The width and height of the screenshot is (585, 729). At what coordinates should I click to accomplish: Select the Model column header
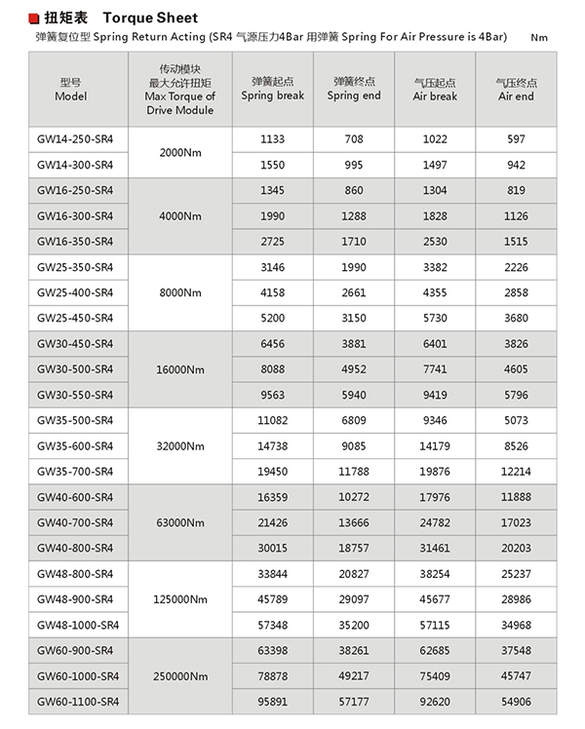71,89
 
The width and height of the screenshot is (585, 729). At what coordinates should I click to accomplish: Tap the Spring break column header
273,89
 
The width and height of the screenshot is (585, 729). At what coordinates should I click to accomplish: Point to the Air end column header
516,89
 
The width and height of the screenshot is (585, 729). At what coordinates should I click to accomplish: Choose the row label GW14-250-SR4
75,139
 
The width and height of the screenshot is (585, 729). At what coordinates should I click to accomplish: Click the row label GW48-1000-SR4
78,624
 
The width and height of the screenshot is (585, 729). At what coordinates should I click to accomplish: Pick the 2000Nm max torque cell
179,152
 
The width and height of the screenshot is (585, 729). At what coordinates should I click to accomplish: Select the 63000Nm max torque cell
179,522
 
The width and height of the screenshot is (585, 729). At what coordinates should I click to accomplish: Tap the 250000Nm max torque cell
179,675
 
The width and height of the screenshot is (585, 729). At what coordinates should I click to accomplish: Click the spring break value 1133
273,139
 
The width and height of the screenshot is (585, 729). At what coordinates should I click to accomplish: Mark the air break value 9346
435,420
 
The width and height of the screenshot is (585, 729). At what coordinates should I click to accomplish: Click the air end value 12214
516,471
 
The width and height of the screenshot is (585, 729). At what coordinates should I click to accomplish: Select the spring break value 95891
273,701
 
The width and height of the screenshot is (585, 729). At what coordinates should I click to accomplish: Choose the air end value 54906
516,701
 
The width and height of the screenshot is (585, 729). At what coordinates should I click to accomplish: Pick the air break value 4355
435,292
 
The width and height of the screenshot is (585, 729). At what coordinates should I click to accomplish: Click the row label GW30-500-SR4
75,369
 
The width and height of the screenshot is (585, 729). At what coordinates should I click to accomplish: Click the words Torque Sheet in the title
150,18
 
